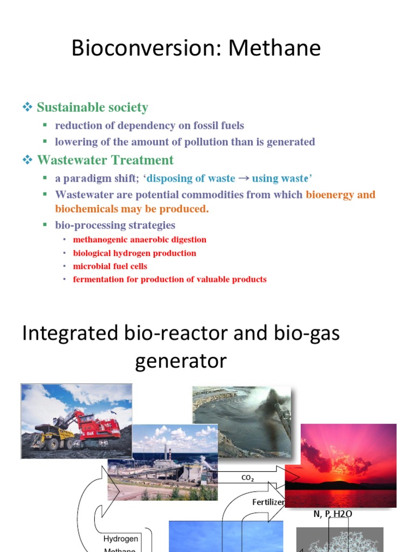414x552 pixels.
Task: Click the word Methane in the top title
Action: [274, 49]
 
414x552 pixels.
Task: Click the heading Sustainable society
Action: [92, 107]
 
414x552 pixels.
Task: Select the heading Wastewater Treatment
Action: [105, 160]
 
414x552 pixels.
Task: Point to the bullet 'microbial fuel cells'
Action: [110, 266]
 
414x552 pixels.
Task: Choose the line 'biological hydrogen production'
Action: [134, 253]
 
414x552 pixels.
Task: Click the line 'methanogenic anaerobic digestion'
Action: [139, 240]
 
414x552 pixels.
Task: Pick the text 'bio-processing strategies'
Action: [115, 225]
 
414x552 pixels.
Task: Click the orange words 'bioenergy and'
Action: [340, 195]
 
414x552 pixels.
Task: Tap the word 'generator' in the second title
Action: [181, 361]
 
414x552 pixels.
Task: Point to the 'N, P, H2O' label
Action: [333, 514]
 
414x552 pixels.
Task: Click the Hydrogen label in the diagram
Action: [121, 539]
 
